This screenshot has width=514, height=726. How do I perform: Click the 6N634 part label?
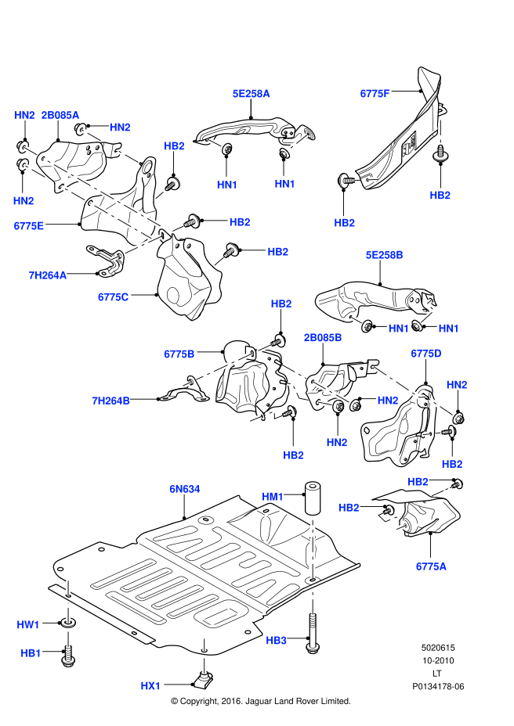click(x=185, y=490)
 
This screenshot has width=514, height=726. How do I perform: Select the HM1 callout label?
click(x=273, y=497)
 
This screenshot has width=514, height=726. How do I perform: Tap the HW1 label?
click(x=28, y=624)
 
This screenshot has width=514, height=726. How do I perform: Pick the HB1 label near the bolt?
click(x=31, y=652)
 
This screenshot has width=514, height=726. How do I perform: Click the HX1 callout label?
click(x=150, y=686)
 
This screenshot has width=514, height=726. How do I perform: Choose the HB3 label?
click(x=276, y=640)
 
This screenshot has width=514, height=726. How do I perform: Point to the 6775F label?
click(x=375, y=93)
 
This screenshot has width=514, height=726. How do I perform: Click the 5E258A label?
click(x=251, y=93)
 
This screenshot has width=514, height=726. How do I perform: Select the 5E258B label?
click(x=384, y=255)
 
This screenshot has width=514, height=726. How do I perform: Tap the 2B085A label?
click(x=60, y=115)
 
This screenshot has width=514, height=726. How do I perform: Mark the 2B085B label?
click(x=323, y=338)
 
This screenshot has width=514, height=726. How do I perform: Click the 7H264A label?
click(x=48, y=275)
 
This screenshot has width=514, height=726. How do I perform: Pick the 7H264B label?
click(x=110, y=401)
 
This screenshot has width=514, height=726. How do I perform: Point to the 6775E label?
click(x=29, y=226)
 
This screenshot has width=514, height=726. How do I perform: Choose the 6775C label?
click(x=114, y=297)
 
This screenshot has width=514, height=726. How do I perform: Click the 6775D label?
click(x=426, y=354)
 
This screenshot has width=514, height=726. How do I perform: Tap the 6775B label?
click(x=179, y=354)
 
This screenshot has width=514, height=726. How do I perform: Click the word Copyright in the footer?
click(x=205, y=702)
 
